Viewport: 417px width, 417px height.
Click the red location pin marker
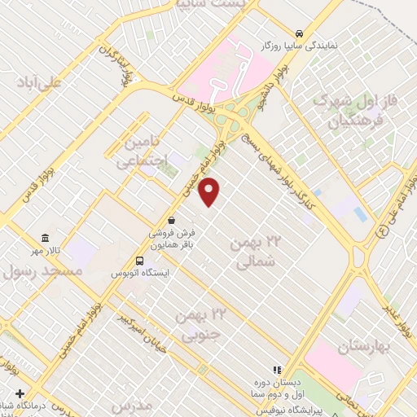[x=210, y=191]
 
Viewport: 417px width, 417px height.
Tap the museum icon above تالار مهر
[x=46, y=239]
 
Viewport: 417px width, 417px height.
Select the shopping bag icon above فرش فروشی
[x=171, y=220]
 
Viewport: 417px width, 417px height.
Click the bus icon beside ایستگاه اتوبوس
[x=140, y=261]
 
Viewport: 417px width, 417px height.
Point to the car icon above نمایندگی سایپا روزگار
[x=301, y=33]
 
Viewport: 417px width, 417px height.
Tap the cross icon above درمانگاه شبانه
[x=20, y=393]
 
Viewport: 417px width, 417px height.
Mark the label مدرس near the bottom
[x=134, y=405]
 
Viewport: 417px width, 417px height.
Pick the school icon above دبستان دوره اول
[x=277, y=368]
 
